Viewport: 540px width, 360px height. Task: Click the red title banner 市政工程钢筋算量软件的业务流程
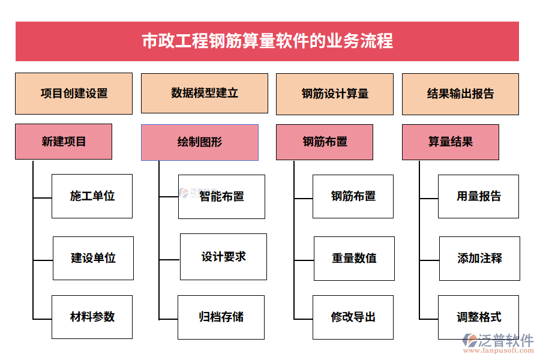(x=267, y=41)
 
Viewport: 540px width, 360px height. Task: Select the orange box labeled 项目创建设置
(x=74, y=94)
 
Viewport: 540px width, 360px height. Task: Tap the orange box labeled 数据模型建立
(x=205, y=93)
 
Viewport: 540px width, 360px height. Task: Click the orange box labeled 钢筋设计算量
(x=335, y=94)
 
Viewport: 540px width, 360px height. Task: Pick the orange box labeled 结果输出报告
(x=460, y=94)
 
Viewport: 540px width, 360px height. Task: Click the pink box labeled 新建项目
(x=64, y=142)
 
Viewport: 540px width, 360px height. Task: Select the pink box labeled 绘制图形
(x=200, y=143)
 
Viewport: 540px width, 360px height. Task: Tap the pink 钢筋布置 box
(x=325, y=142)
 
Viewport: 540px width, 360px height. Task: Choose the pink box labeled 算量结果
(x=451, y=142)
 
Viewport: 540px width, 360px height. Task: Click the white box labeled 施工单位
(x=92, y=196)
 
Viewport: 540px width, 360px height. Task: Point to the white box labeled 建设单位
(x=93, y=259)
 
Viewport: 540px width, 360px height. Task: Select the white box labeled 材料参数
(x=92, y=317)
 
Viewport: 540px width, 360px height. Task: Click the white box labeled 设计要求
(x=223, y=257)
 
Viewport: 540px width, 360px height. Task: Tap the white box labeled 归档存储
(x=221, y=317)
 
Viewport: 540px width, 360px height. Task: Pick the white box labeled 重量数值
(x=354, y=259)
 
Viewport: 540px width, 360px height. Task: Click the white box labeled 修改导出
(x=353, y=317)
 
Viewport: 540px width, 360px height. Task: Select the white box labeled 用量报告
(x=478, y=196)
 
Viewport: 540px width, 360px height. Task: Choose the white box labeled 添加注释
(x=479, y=259)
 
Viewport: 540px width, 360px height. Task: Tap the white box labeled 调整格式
(x=478, y=317)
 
